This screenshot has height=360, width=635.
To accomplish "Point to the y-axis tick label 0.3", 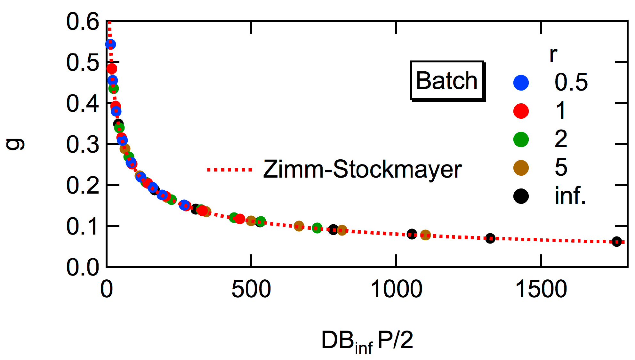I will [x=83, y=144].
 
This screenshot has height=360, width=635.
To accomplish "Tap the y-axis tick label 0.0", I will [x=83, y=267].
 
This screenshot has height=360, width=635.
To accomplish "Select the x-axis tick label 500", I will [x=251, y=289].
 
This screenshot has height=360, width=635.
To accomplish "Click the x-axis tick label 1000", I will [x=396, y=289].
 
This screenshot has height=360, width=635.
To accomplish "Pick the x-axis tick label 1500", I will [x=541, y=289].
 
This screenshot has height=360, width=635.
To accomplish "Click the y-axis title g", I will [x=15, y=144].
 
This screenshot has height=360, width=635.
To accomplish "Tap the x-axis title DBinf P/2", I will [x=367, y=341].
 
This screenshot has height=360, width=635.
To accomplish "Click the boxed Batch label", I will [x=447, y=81].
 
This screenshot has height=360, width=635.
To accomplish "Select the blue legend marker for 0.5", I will [x=521, y=83].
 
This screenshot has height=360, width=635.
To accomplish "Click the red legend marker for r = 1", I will [x=521, y=111].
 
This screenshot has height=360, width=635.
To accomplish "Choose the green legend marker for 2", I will [x=521, y=140].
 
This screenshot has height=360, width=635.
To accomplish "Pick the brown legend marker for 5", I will [x=521, y=168].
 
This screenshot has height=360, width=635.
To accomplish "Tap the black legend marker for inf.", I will [x=521, y=196].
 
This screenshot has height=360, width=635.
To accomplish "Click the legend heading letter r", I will [x=553, y=55].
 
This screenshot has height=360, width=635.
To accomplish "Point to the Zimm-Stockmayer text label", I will [x=362, y=169].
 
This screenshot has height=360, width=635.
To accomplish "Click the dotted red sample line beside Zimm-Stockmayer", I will [x=229, y=170].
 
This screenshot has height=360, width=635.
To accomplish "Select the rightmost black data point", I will [x=617, y=242].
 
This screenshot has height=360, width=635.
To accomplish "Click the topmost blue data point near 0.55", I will [x=110, y=44].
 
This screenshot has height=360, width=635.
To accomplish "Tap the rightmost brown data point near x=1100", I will [x=425, y=236].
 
